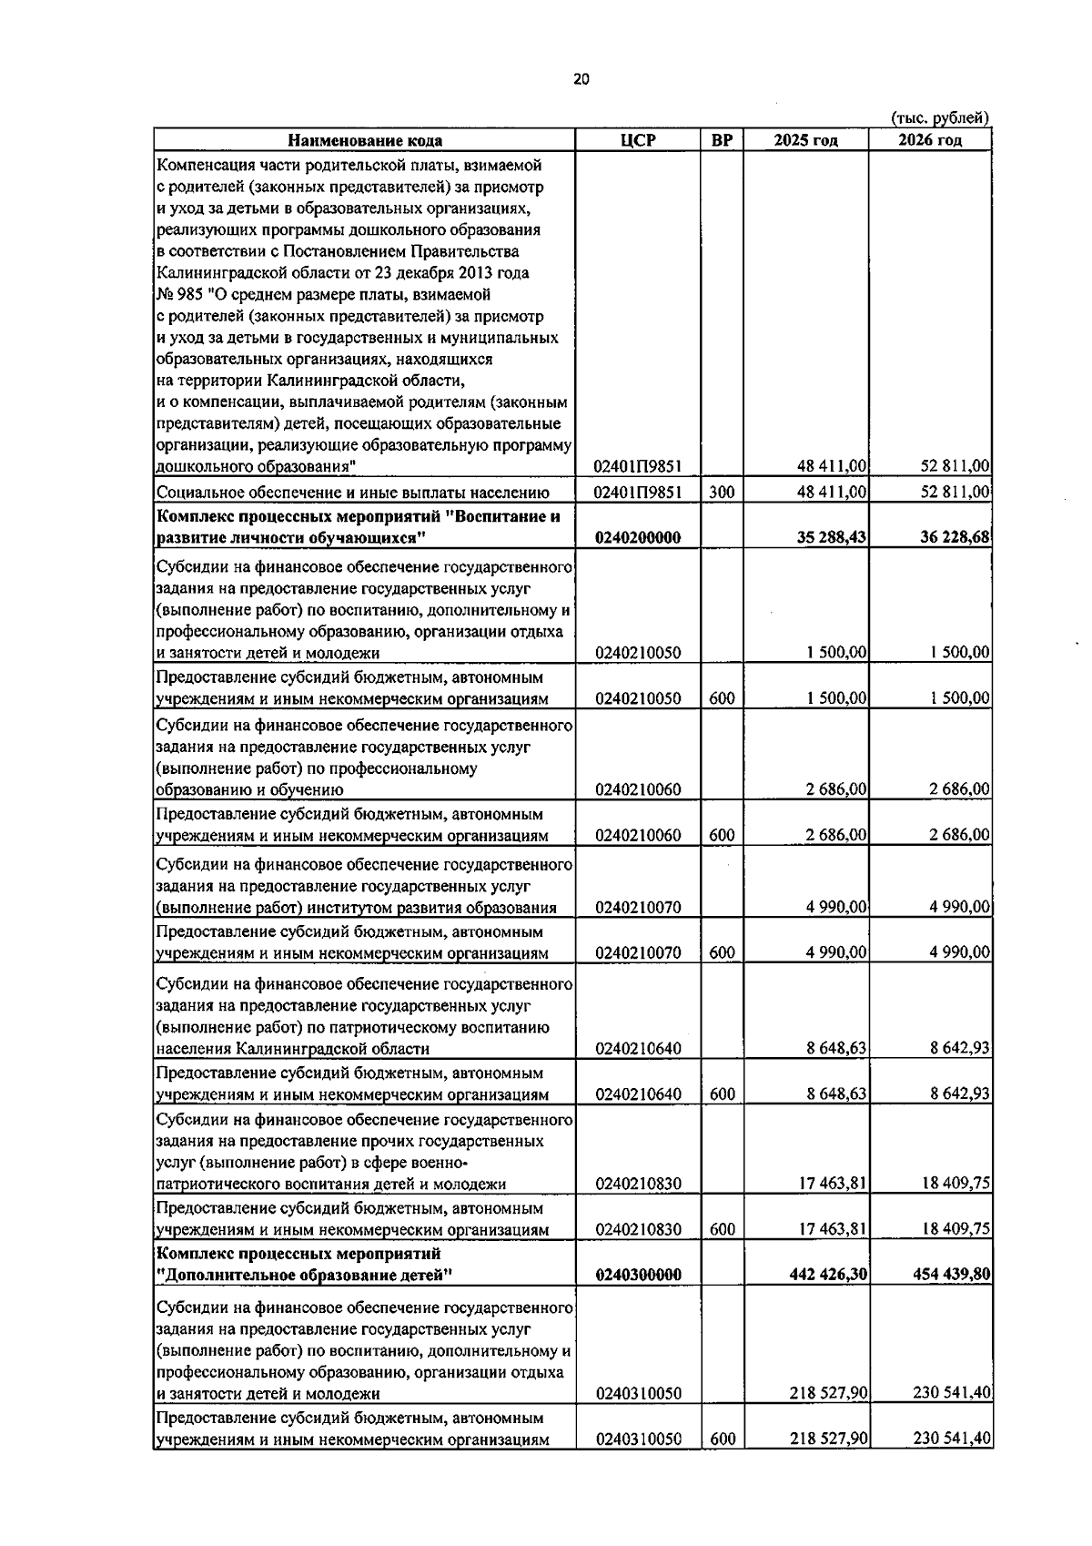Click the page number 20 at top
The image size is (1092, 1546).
click(581, 79)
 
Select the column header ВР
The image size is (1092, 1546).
click(721, 140)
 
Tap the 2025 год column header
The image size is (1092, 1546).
click(805, 140)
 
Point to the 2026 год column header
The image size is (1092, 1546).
click(929, 140)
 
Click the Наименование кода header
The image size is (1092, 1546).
click(365, 140)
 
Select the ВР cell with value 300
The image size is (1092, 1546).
click(721, 493)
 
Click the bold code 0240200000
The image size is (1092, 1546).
click(638, 538)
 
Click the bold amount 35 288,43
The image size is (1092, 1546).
click(830, 538)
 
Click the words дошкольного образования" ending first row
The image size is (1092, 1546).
click(255, 467)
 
